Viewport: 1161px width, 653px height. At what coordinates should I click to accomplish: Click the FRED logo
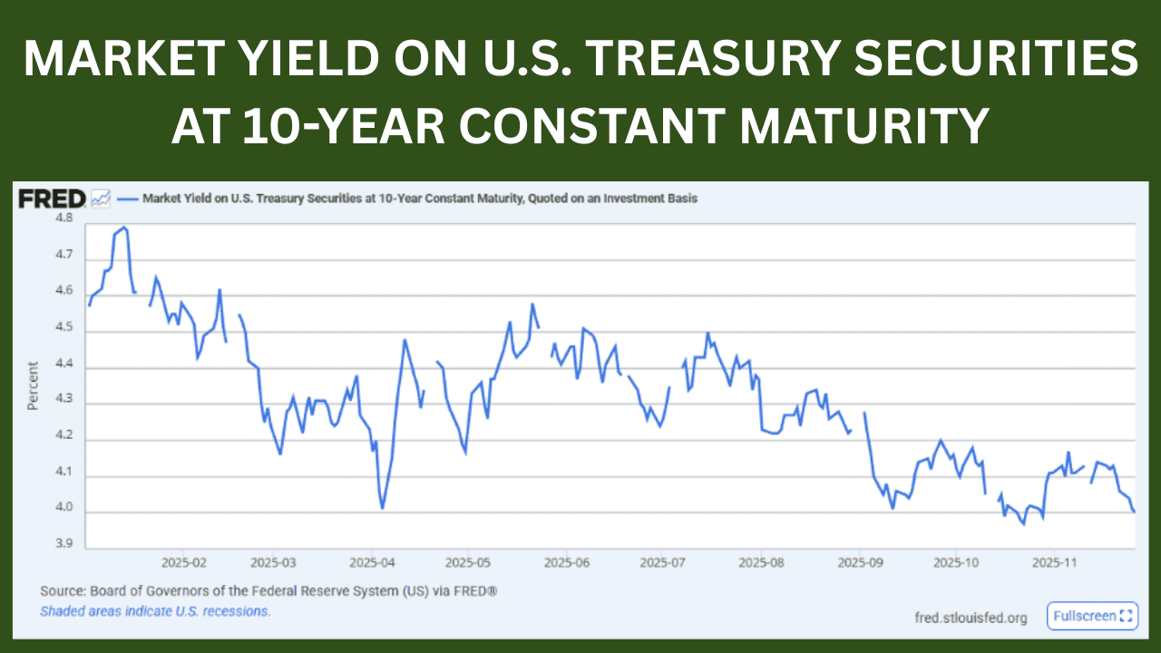[52, 199]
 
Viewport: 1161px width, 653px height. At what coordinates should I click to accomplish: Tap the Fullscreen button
[1092, 616]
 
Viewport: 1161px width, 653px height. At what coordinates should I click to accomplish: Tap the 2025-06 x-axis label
[566, 562]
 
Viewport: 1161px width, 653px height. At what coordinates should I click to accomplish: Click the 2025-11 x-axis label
[1055, 562]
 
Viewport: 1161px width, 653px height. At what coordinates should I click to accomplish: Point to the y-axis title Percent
[34, 386]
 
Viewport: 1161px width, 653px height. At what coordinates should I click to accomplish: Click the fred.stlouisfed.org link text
[971, 618]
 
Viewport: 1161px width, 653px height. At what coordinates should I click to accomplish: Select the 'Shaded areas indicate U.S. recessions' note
[155, 611]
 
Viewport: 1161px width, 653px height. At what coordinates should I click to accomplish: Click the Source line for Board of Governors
[268, 591]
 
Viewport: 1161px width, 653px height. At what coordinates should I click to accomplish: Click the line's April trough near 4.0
[383, 508]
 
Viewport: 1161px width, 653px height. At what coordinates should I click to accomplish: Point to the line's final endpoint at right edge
[1134, 512]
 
